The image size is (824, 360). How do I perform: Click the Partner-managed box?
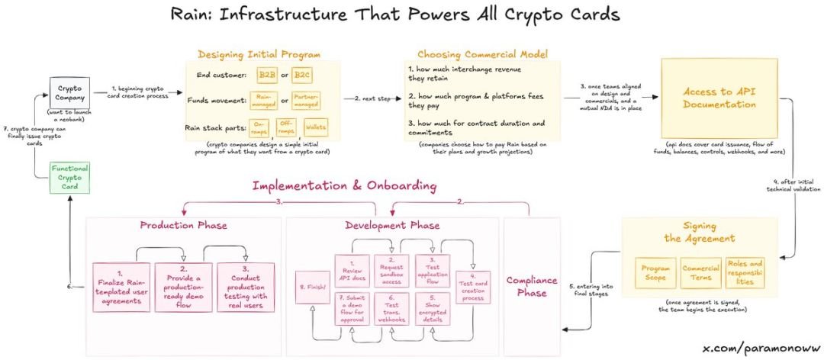tap(306, 101)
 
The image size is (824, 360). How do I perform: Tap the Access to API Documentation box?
tap(719, 97)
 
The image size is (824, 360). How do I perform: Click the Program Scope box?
tap(655, 272)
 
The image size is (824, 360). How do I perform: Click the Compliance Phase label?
tap(533, 286)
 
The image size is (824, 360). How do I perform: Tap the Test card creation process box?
tap(472, 285)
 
